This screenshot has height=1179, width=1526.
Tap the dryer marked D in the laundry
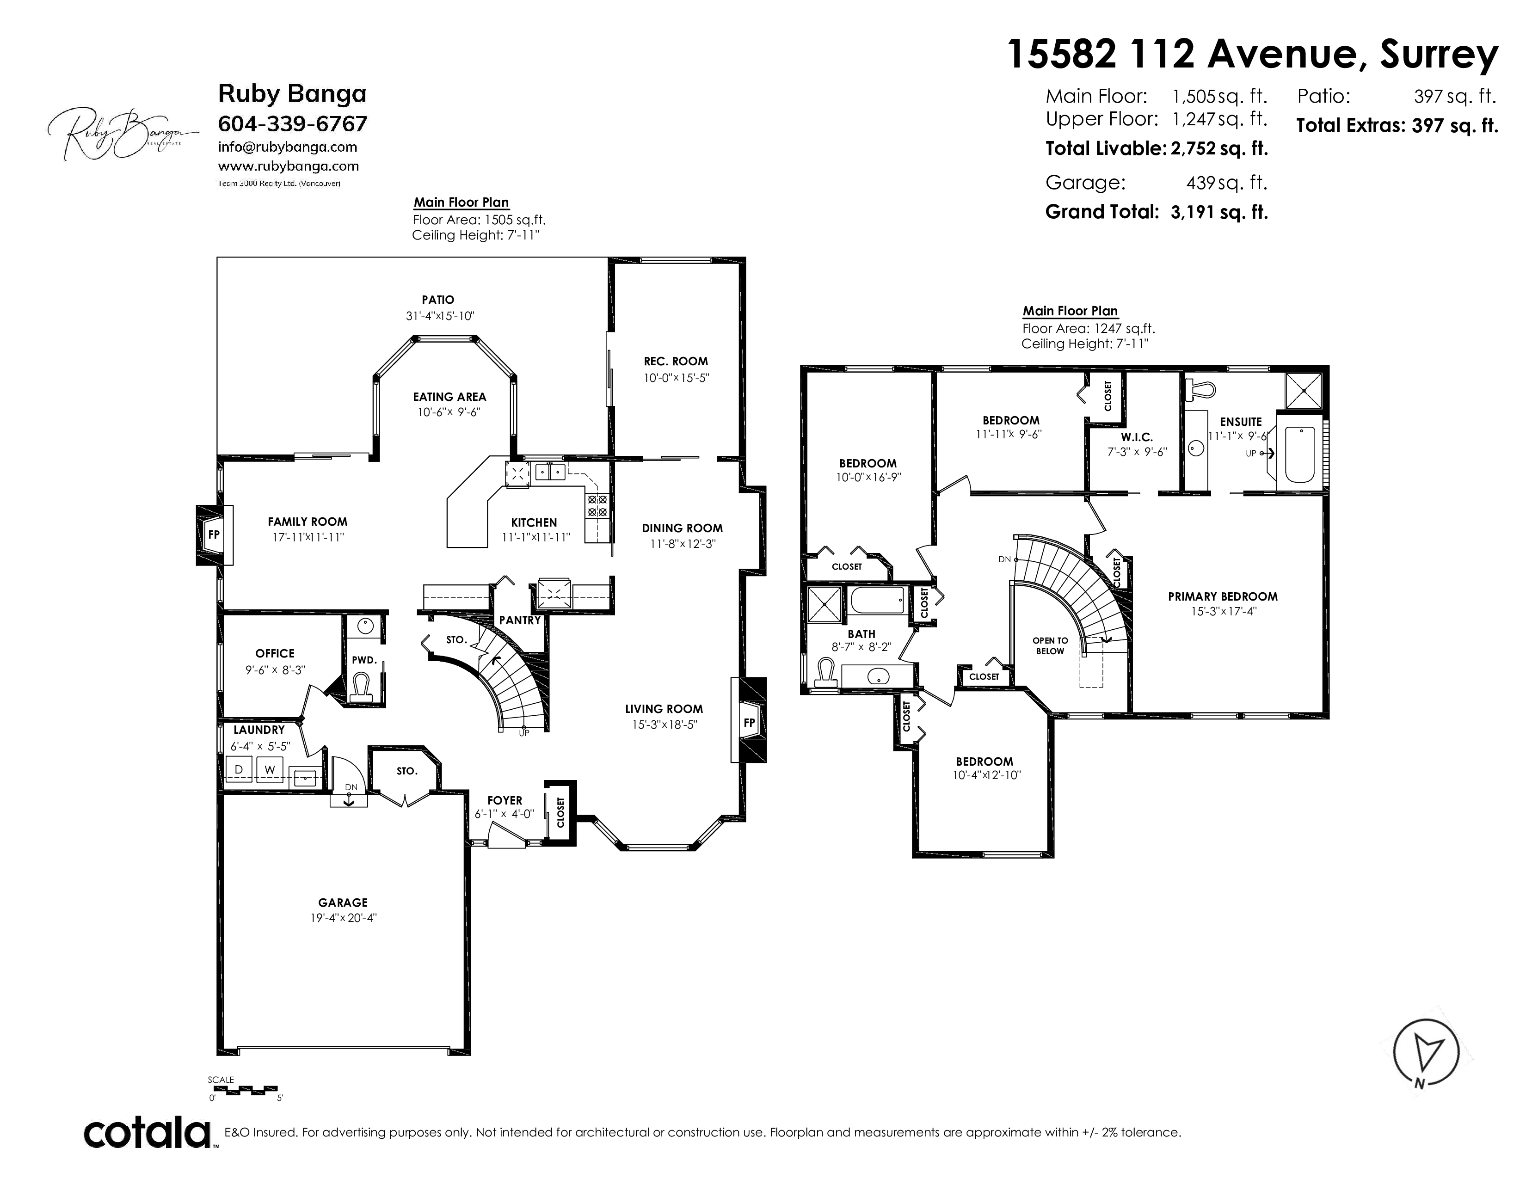pyautogui.click(x=239, y=770)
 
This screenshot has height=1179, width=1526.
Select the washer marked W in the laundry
pyautogui.click(x=270, y=770)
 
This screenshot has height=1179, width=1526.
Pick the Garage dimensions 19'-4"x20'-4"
pyautogui.click(x=343, y=918)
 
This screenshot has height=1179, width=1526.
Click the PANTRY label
pyautogui.click(x=520, y=620)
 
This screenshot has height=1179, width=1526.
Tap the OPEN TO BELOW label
pyautogui.click(x=1050, y=646)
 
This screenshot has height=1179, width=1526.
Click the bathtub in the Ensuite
pyautogui.click(x=1299, y=454)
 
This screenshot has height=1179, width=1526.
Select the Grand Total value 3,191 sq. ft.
pyautogui.click(x=1219, y=212)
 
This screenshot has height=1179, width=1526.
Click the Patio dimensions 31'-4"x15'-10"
pyautogui.click(x=440, y=316)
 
